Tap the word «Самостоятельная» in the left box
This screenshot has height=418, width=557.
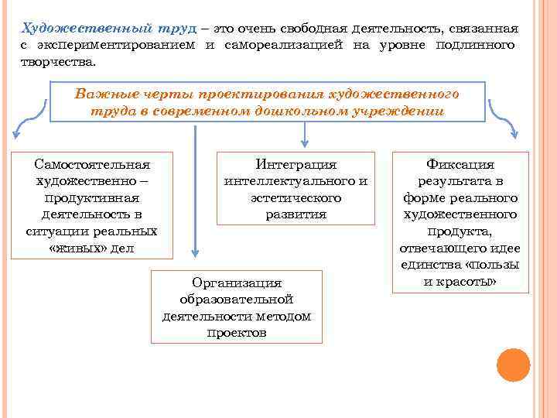click(93, 164)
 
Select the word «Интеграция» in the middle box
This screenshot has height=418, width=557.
click(296, 164)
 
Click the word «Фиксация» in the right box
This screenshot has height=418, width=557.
click(460, 164)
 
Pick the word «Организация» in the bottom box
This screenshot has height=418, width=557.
click(236, 283)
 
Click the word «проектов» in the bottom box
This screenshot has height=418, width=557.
click(237, 333)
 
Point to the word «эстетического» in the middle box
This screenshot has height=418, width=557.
click(296, 198)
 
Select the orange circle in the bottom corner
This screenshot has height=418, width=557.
click(512, 365)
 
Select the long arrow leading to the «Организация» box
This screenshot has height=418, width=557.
click(195, 194)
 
